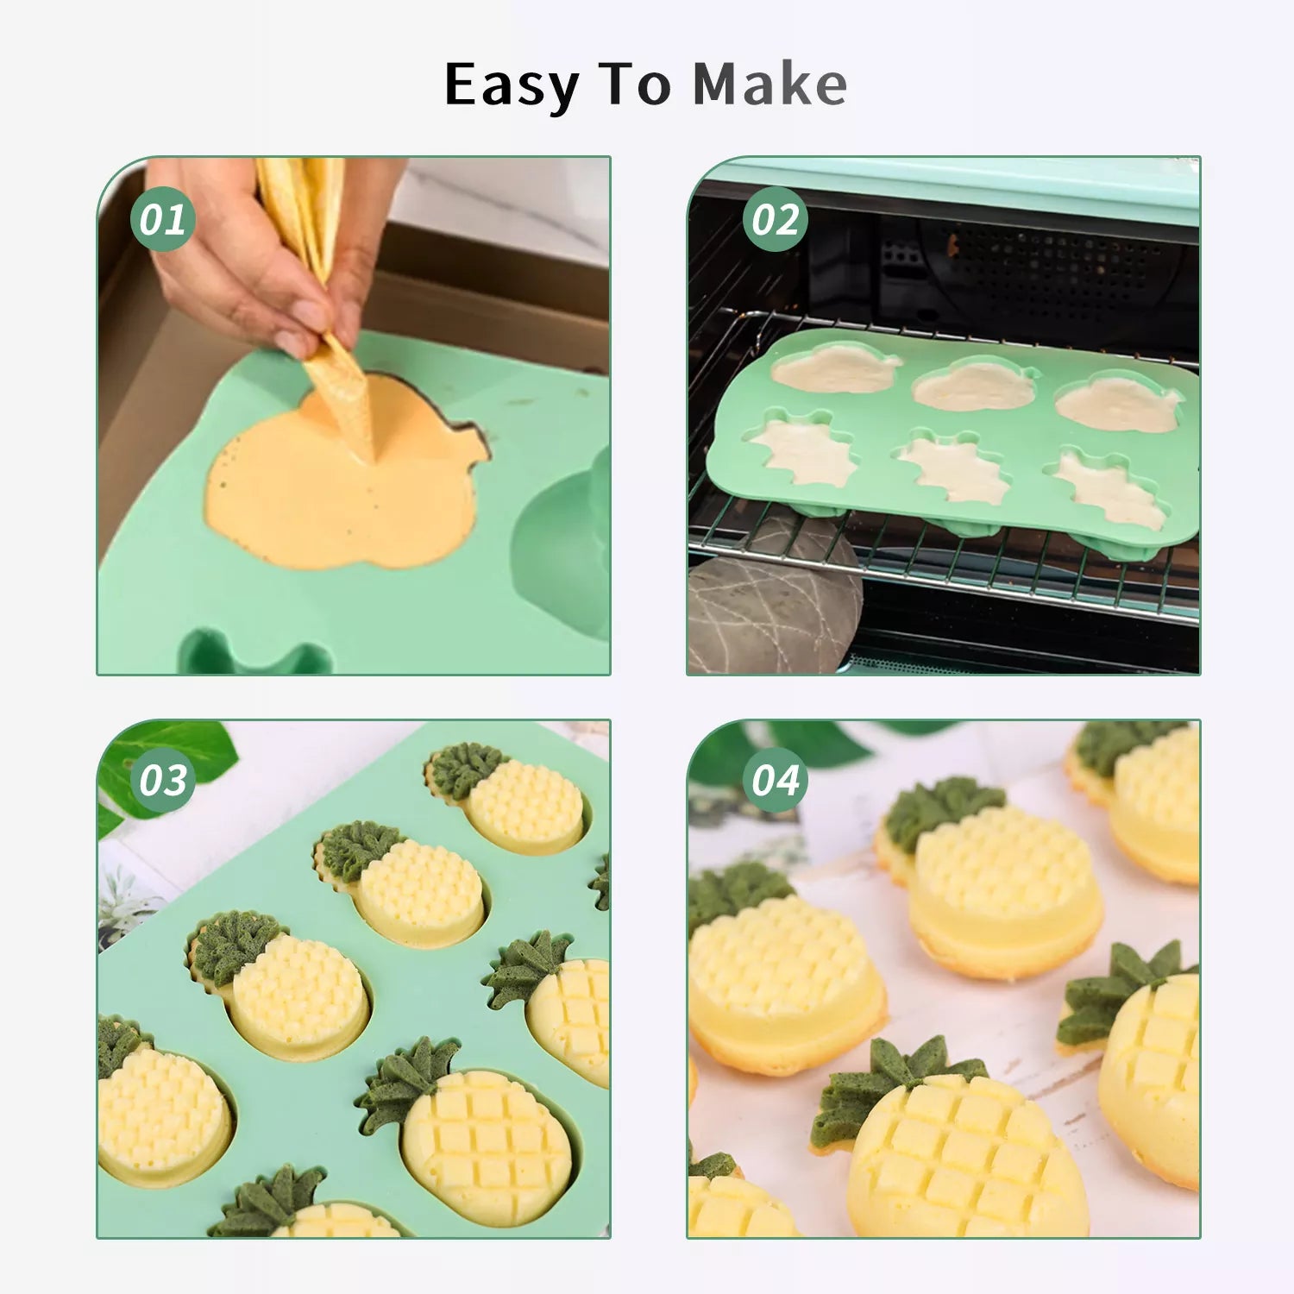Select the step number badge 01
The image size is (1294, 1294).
pos(162,219)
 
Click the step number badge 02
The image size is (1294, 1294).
pos(775,219)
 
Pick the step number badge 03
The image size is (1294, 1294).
pos(162,780)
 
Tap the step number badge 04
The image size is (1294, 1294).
pos(775,780)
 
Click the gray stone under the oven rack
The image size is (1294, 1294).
pos(774,595)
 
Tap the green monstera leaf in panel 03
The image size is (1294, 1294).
pos(164,763)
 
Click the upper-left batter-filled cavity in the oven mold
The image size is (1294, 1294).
pos(835,368)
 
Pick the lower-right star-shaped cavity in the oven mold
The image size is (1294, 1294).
pos(1111,489)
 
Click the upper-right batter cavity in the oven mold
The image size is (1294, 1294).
pos(1119,402)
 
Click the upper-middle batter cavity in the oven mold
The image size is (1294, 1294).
pos(975,385)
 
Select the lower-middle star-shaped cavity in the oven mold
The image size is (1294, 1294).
pos(953,468)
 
